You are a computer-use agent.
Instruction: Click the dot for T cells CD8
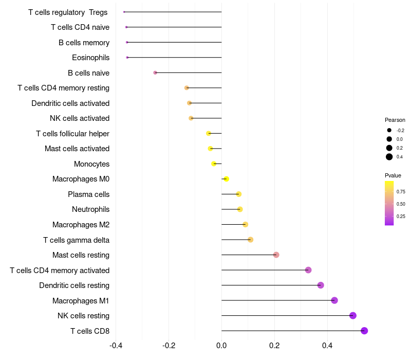coord(364,331)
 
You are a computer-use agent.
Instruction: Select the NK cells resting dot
coord(353,316)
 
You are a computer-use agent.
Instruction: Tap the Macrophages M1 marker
coord(334,300)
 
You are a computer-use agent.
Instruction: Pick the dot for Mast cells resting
coord(276,255)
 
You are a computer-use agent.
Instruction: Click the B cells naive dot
coord(155,73)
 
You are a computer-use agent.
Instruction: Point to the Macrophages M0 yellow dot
coord(226,179)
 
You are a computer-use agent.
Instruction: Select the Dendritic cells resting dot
coord(321,285)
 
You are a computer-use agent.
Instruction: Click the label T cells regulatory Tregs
coord(68,12)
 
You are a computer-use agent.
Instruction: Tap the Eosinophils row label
coord(90,58)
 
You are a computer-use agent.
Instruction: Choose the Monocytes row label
coord(91,164)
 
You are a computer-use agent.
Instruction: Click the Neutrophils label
coord(90,209)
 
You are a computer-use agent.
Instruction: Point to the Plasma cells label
coord(88,194)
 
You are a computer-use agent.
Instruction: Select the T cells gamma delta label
coord(76,240)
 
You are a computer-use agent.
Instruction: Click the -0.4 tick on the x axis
coord(117,345)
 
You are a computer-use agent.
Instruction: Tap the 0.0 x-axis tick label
coord(221,345)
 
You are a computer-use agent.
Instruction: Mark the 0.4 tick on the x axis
coord(327,345)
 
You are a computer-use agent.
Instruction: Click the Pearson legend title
coord(395,120)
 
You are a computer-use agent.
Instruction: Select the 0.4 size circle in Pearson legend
coord(389,157)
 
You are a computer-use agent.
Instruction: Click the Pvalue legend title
coord(393,175)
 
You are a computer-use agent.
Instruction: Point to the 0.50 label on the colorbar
coord(401,204)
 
